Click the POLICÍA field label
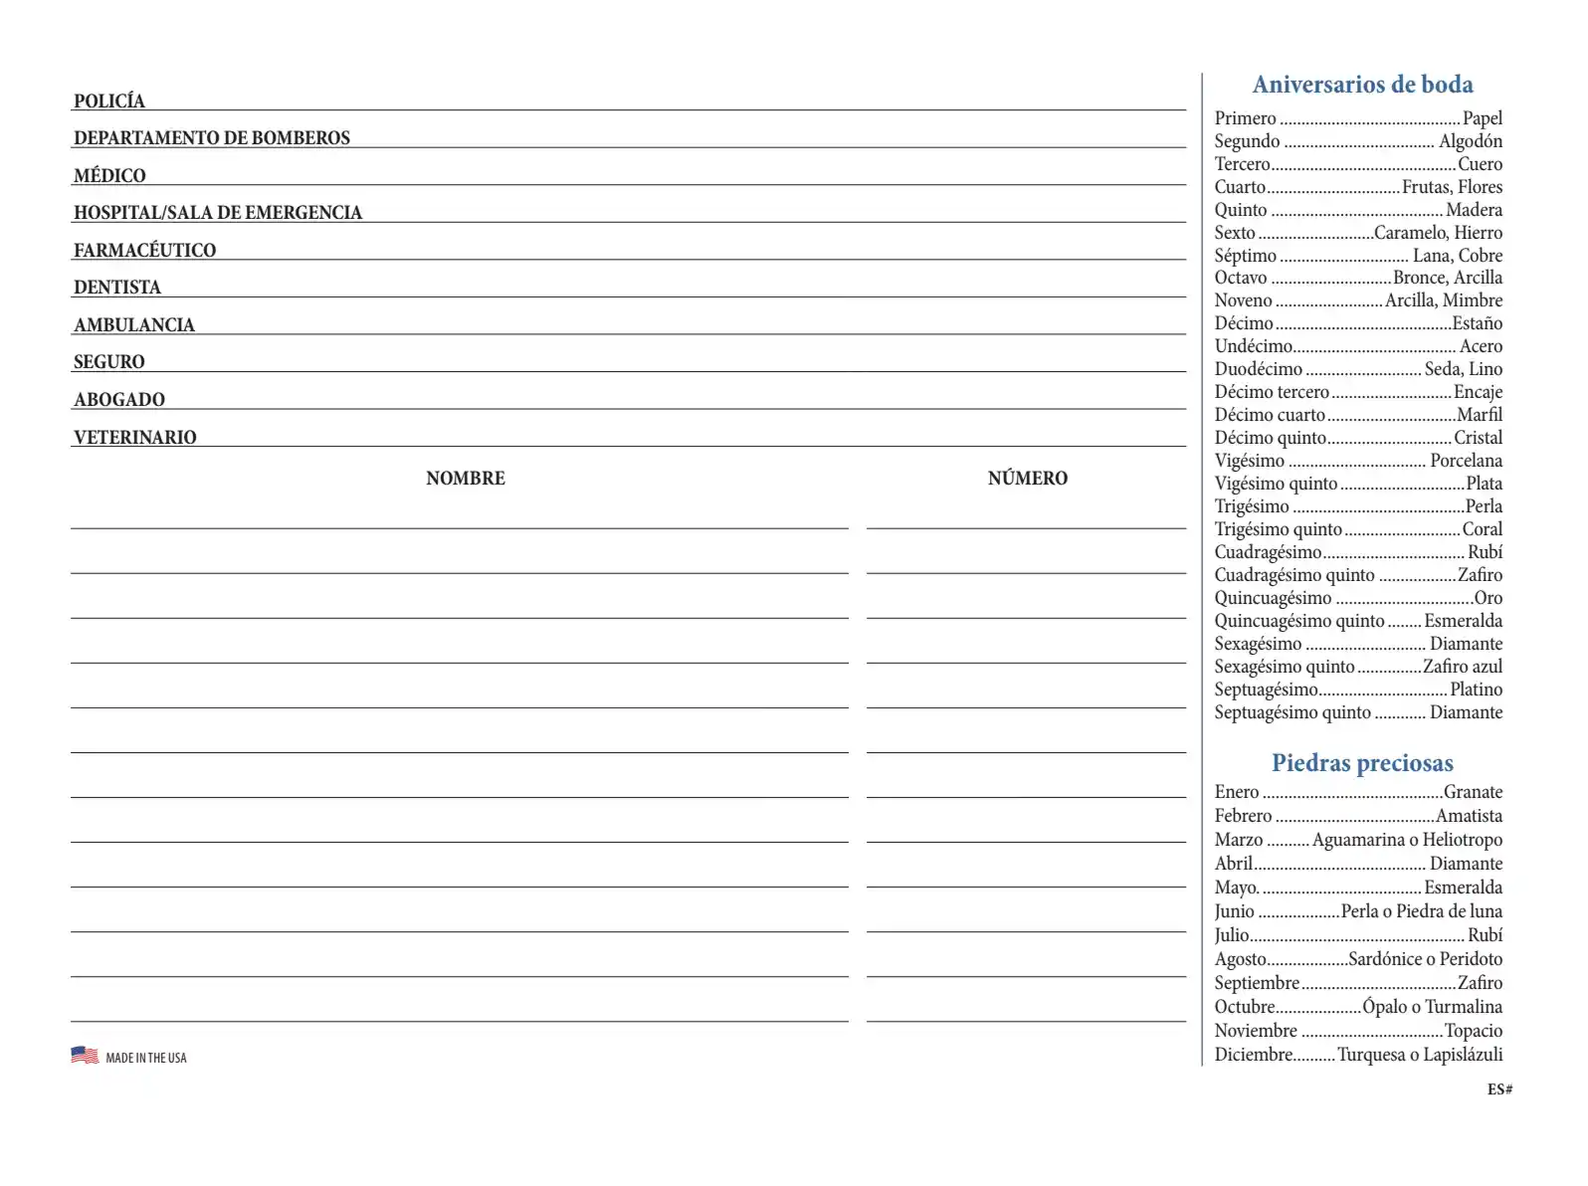[109, 100]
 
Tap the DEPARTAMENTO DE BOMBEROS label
[212, 137]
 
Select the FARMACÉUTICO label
[144, 250]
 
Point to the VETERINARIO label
[135, 437]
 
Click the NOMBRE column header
[466, 479]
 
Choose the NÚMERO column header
[1028, 479]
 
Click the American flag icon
[85, 1055]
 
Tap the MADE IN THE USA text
[146, 1058]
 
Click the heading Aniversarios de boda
[1362, 85]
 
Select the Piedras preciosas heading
[1362, 763]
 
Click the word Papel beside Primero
[1483, 118]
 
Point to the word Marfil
[1480, 415]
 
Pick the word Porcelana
[1466, 461]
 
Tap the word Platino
[1476, 690]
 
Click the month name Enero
[1237, 792]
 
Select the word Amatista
[1469, 816]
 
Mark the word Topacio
[1473, 1031]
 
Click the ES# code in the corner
[1499, 1089]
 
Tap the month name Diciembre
[1254, 1055]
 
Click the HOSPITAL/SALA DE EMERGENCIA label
[218, 212]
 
